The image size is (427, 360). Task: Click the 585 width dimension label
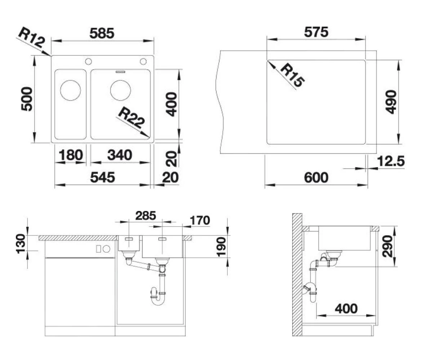(102, 33)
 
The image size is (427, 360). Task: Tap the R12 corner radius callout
(31, 37)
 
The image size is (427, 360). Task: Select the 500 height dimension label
(27, 99)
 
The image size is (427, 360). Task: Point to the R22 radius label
(131, 117)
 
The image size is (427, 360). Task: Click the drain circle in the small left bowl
(70, 90)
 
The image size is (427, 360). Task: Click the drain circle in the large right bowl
(120, 90)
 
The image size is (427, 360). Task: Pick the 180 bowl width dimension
(71, 155)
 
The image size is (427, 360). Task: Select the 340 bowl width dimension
(120, 155)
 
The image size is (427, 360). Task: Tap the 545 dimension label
(102, 177)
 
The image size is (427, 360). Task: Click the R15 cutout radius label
(293, 75)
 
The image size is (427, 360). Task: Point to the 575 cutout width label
(316, 32)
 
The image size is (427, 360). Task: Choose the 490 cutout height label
(391, 102)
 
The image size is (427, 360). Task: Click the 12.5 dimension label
(391, 161)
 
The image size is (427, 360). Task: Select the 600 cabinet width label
(316, 177)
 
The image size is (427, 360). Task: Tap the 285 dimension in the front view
(146, 216)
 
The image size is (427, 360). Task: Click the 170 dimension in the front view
(200, 220)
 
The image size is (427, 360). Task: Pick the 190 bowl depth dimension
(221, 247)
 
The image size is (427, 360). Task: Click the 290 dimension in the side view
(387, 246)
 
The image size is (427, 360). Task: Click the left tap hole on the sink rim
(88, 62)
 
